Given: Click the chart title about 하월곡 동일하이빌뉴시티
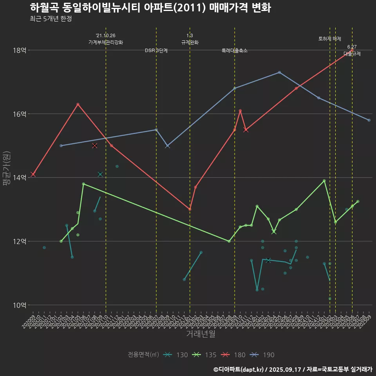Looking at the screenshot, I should click(150, 8).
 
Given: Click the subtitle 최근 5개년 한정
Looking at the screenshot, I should click(51, 19).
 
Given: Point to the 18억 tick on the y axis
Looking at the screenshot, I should click(19, 51).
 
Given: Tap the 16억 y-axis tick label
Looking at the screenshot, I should click(19, 114).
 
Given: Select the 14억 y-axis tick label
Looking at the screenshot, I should click(19, 178).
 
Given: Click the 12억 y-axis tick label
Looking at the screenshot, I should click(19, 241).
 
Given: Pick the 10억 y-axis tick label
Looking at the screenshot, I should click(19, 305).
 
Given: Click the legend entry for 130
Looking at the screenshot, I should click(175, 355).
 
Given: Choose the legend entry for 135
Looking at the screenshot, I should click(204, 355).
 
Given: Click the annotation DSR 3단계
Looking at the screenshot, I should click(156, 51).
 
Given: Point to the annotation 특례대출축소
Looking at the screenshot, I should click(235, 51).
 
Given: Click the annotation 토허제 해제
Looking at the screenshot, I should click(330, 39).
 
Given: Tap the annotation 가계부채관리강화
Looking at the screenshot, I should click(106, 42).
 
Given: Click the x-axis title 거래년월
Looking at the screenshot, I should click(200, 334).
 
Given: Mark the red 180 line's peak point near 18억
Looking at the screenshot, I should click(352, 51).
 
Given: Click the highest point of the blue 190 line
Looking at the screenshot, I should click(279, 72).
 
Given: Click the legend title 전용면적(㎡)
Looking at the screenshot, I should click(143, 355).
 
